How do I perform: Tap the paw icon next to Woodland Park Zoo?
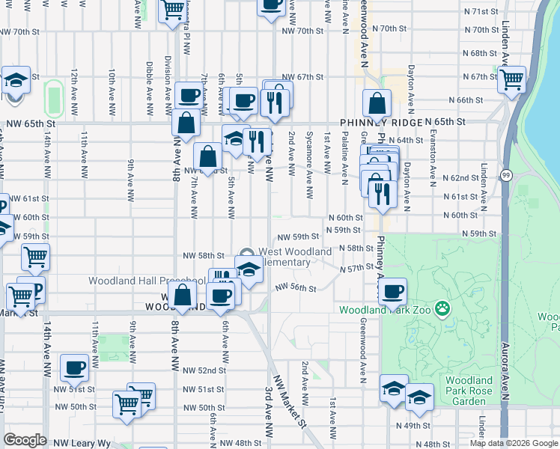coord(443,307)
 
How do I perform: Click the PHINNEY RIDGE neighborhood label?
coord(380,122)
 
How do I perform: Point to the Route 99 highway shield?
coord(508,175)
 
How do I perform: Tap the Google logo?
coord(25,440)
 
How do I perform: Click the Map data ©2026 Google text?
coord(514,443)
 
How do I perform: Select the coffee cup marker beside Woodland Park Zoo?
coord(392,291)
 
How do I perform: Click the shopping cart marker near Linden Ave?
coord(512,78)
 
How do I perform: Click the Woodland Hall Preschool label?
coord(146,281)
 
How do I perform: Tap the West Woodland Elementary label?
coord(294,257)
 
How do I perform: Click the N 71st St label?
coord(481,12)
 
